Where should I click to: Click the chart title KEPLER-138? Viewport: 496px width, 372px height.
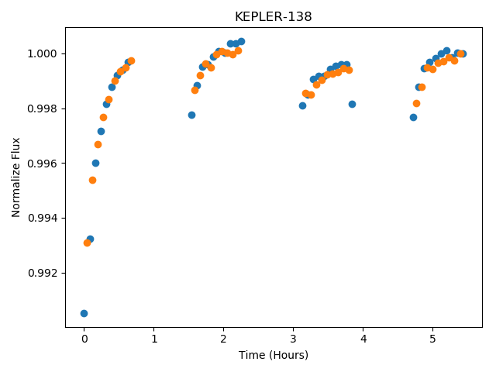pos(274,16)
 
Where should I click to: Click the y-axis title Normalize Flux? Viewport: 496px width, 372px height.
pos(15,177)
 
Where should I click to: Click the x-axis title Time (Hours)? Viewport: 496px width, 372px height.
pos(274,355)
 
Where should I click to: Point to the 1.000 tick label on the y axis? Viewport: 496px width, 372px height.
pos(42,53)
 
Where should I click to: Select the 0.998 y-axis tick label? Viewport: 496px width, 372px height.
pos(42,108)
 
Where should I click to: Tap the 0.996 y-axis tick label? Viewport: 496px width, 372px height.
pos(42,164)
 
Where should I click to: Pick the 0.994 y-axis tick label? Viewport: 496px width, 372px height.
pos(42,219)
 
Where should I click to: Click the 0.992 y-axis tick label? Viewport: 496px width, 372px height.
pos(42,273)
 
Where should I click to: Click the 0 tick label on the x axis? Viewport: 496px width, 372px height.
pos(84,339)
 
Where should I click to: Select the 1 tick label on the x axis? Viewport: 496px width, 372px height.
pos(154,339)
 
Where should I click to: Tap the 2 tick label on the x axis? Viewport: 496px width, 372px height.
pos(224,339)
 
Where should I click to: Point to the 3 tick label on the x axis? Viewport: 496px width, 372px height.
pos(294,339)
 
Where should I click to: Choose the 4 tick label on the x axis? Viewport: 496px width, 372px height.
pos(363,339)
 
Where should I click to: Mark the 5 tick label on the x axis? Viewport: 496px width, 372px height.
pos(433,339)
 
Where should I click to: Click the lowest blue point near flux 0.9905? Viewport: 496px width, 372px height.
pos(84,313)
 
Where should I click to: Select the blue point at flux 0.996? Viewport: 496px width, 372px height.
pos(95,164)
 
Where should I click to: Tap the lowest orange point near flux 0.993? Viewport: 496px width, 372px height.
pos(87,243)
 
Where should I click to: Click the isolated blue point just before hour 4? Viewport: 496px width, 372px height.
pos(352,104)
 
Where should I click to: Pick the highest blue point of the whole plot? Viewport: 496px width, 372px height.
pos(241,41)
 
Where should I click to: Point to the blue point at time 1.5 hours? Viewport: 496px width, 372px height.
pos(191,115)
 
